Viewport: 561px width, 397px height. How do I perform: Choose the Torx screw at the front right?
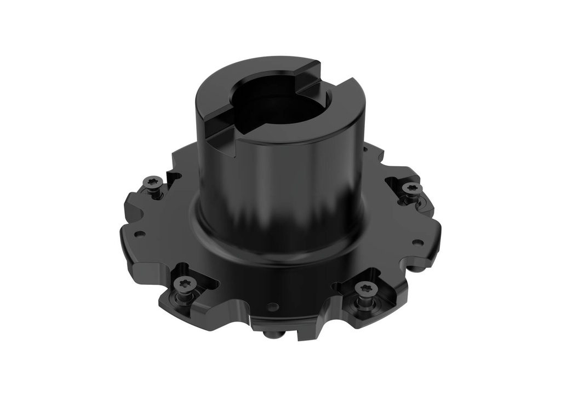pyautogui.click(x=364, y=288)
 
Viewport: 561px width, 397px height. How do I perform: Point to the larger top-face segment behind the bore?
pyautogui.click(x=263, y=68)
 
